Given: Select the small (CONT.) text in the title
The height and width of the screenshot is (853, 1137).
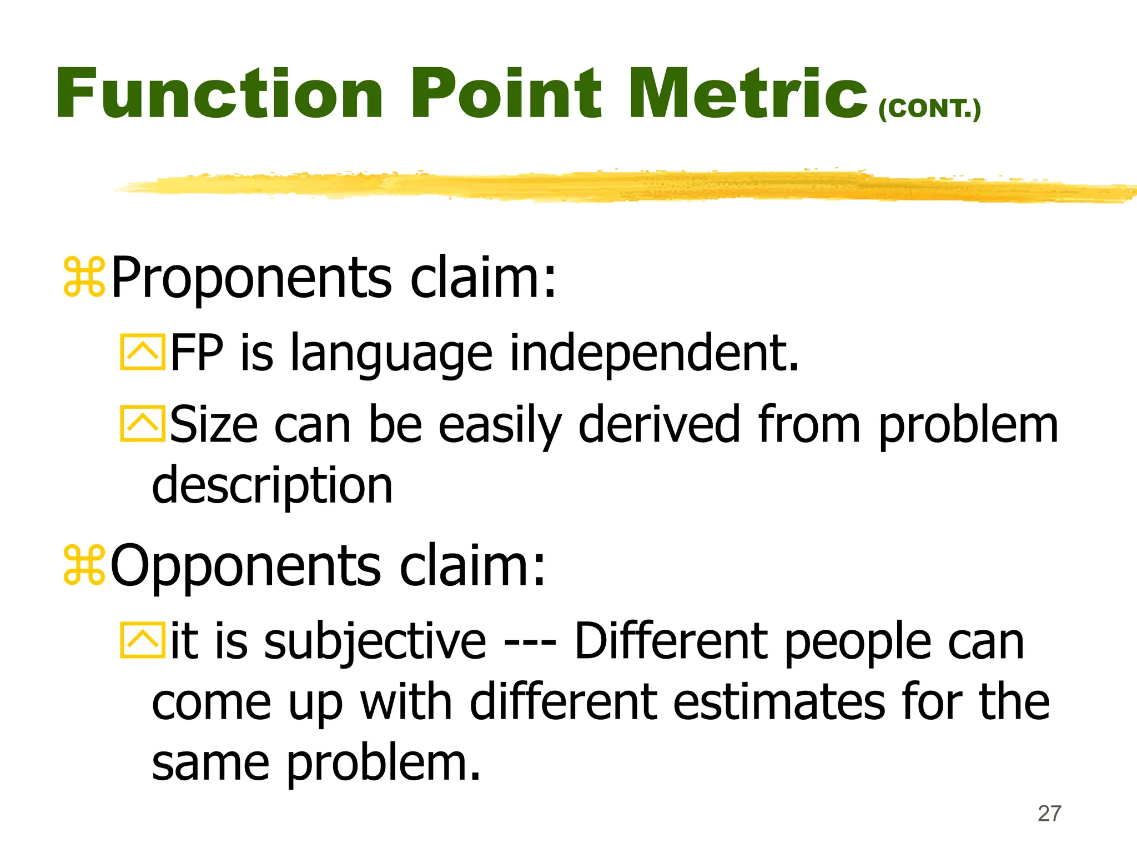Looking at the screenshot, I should click(x=929, y=109).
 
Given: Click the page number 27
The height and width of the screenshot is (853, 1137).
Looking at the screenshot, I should click(x=1049, y=814).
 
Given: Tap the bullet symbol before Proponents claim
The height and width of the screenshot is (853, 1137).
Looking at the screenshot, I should click(x=84, y=277).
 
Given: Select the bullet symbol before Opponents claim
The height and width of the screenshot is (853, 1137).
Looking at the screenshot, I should click(x=84, y=565).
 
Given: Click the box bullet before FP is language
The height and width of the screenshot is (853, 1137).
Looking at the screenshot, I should click(x=143, y=352).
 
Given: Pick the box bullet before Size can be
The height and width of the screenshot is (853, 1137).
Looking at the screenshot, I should click(x=143, y=424).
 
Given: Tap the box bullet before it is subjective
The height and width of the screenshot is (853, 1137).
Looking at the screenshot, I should click(x=143, y=641).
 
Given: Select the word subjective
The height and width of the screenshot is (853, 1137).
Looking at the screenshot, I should click(x=375, y=642).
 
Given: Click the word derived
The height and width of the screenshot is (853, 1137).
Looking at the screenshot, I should click(x=659, y=424).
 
